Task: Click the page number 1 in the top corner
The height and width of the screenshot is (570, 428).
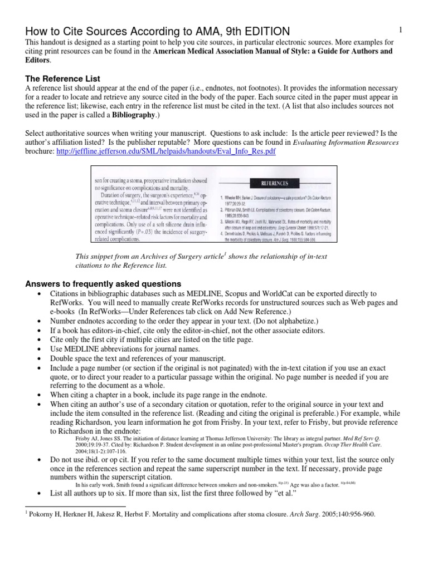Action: [x=401, y=29]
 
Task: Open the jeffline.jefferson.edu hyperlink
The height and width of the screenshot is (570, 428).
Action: [x=166, y=151]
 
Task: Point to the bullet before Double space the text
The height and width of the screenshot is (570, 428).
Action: [x=38, y=359]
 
